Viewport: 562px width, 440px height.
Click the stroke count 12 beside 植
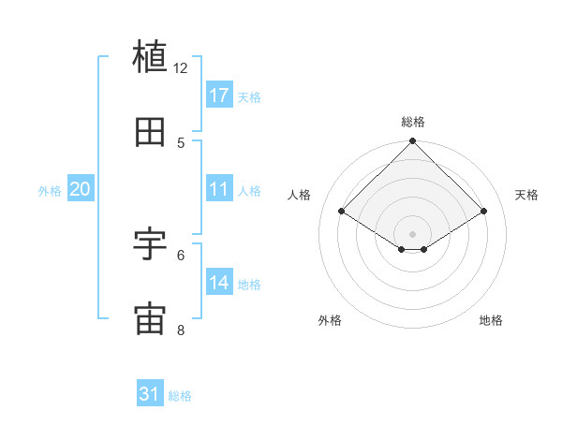181,68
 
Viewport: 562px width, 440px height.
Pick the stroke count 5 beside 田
181,142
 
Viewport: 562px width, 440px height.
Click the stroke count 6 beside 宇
181,254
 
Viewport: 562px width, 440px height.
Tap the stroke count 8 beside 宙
181,330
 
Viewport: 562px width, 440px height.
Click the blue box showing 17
218,95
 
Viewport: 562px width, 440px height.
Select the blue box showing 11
218,189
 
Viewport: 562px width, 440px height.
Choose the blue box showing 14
218,283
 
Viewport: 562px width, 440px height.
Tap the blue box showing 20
80,189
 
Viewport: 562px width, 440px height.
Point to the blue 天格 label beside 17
249,96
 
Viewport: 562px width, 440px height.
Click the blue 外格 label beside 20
50,191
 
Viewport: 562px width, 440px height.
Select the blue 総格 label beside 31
180,396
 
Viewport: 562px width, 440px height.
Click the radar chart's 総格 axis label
413,122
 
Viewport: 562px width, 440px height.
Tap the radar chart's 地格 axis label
491,321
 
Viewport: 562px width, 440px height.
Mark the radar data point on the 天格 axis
484,212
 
